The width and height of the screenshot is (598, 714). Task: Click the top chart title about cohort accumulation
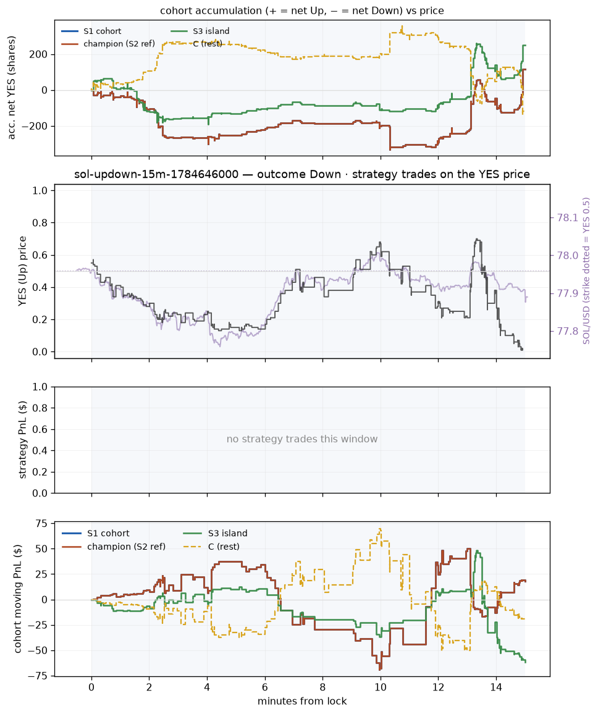(302, 10)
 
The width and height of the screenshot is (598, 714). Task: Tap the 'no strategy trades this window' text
(302, 439)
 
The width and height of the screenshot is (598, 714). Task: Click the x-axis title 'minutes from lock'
(302, 701)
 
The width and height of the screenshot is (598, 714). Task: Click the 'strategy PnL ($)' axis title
(23, 440)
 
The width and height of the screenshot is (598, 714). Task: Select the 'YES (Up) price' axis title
(23, 271)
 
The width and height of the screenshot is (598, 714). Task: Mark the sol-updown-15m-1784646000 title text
(156, 174)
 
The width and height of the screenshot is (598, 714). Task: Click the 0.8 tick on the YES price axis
(41, 223)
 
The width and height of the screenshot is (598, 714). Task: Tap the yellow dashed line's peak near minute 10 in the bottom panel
(380, 529)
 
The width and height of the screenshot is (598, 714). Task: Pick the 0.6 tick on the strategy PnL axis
(41, 429)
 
